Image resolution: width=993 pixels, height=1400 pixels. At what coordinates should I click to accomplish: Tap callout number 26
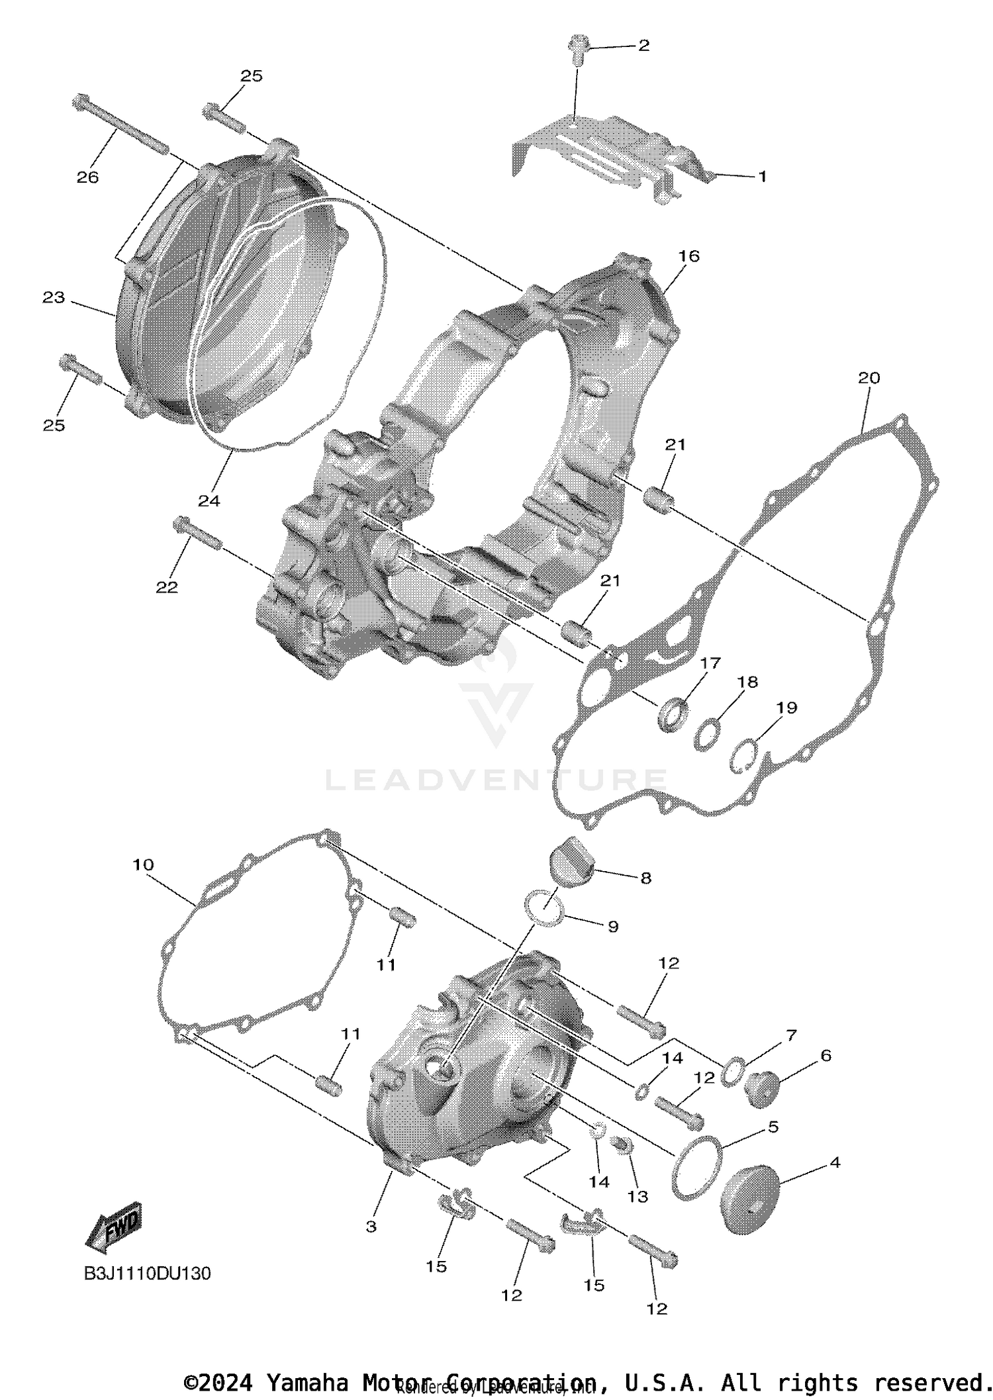click(x=87, y=177)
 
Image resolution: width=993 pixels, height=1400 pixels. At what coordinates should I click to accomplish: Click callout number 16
click(x=688, y=256)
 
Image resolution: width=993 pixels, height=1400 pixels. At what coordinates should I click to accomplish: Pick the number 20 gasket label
click(x=869, y=378)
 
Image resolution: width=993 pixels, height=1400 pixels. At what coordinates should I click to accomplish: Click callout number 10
click(x=144, y=864)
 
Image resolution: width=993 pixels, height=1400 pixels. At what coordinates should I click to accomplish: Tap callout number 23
click(x=54, y=298)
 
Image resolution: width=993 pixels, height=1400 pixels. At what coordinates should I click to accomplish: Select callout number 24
click(x=209, y=500)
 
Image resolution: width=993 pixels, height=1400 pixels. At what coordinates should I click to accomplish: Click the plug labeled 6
click(x=763, y=1088)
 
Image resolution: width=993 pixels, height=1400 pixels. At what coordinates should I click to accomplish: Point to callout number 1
click(x=762, y=177)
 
